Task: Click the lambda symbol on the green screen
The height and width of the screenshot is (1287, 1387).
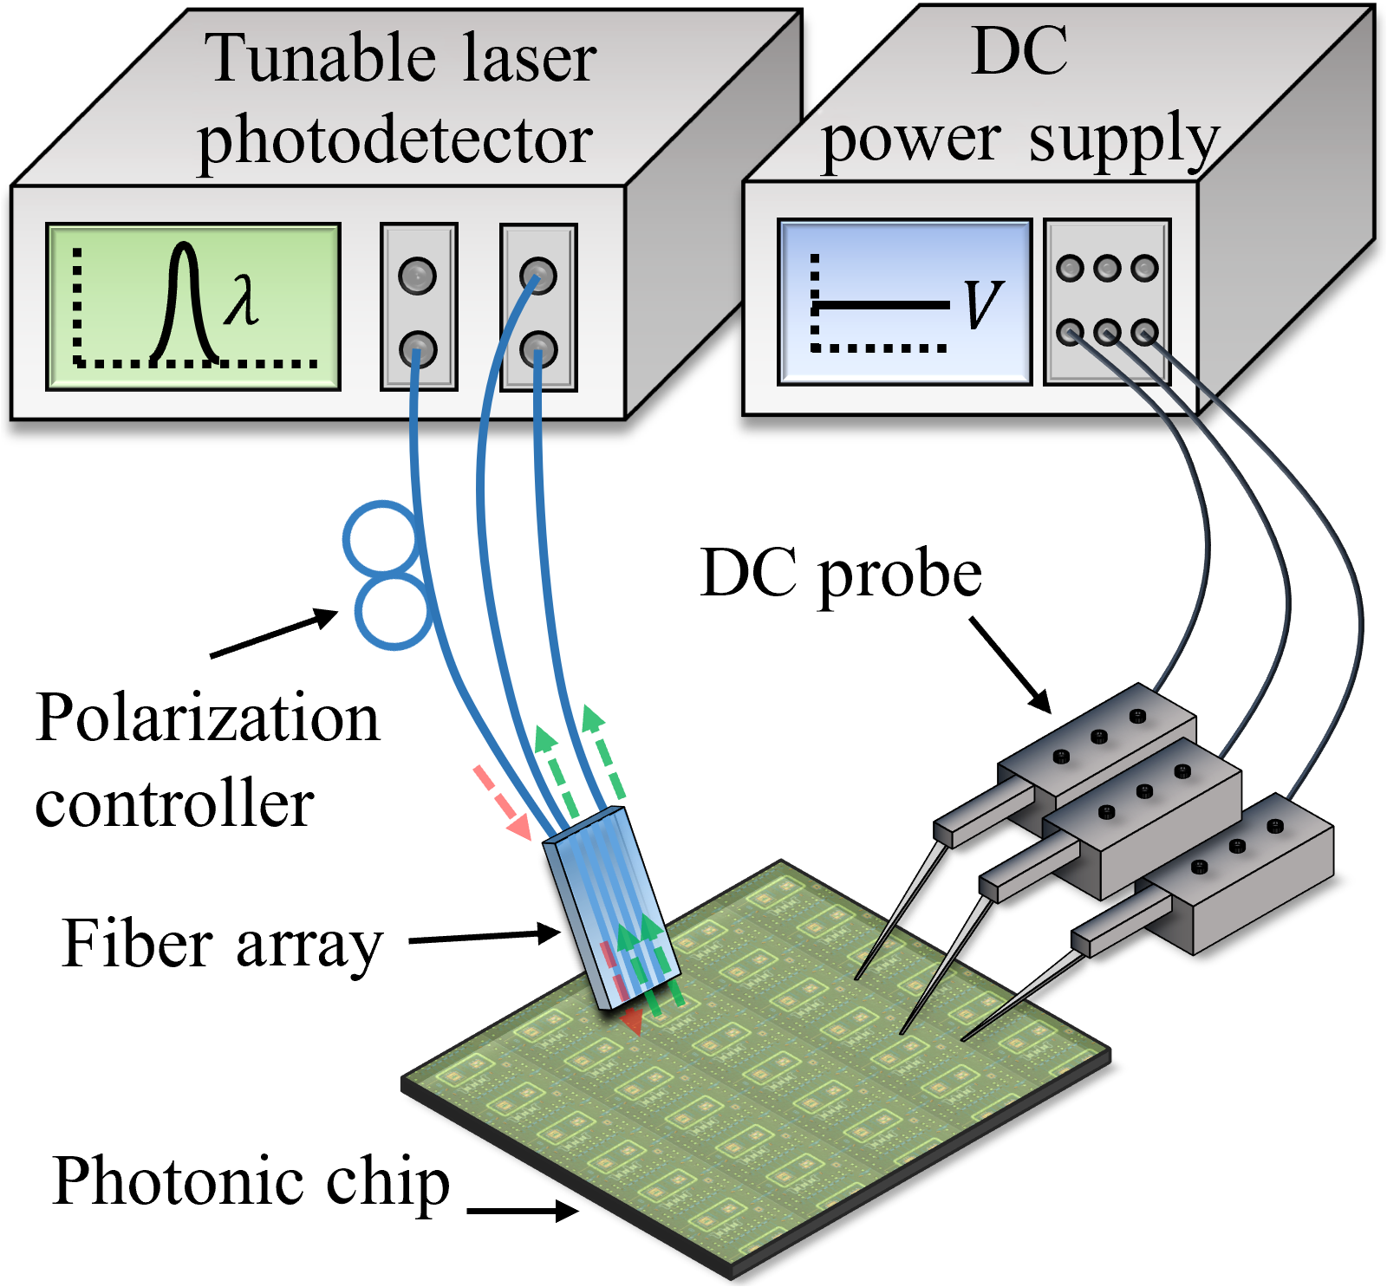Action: [x=242, y=300]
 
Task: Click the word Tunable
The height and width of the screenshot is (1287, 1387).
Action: [x=319, y=59]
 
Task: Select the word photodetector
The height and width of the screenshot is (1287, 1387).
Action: [x=395, y=140]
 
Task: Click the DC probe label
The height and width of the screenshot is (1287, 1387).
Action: [x=840, y=574]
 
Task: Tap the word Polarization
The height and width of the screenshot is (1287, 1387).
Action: [x=207, y=718]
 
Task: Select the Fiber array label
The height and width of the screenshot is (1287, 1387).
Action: [x=223, y=944]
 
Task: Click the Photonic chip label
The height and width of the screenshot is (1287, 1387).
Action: [x=251, y=1180]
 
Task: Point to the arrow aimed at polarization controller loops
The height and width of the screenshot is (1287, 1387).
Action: [x=274, y=634]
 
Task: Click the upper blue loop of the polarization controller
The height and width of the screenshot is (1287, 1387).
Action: [x=381, y=538]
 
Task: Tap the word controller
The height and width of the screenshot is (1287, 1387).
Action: [x=174, y=803]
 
